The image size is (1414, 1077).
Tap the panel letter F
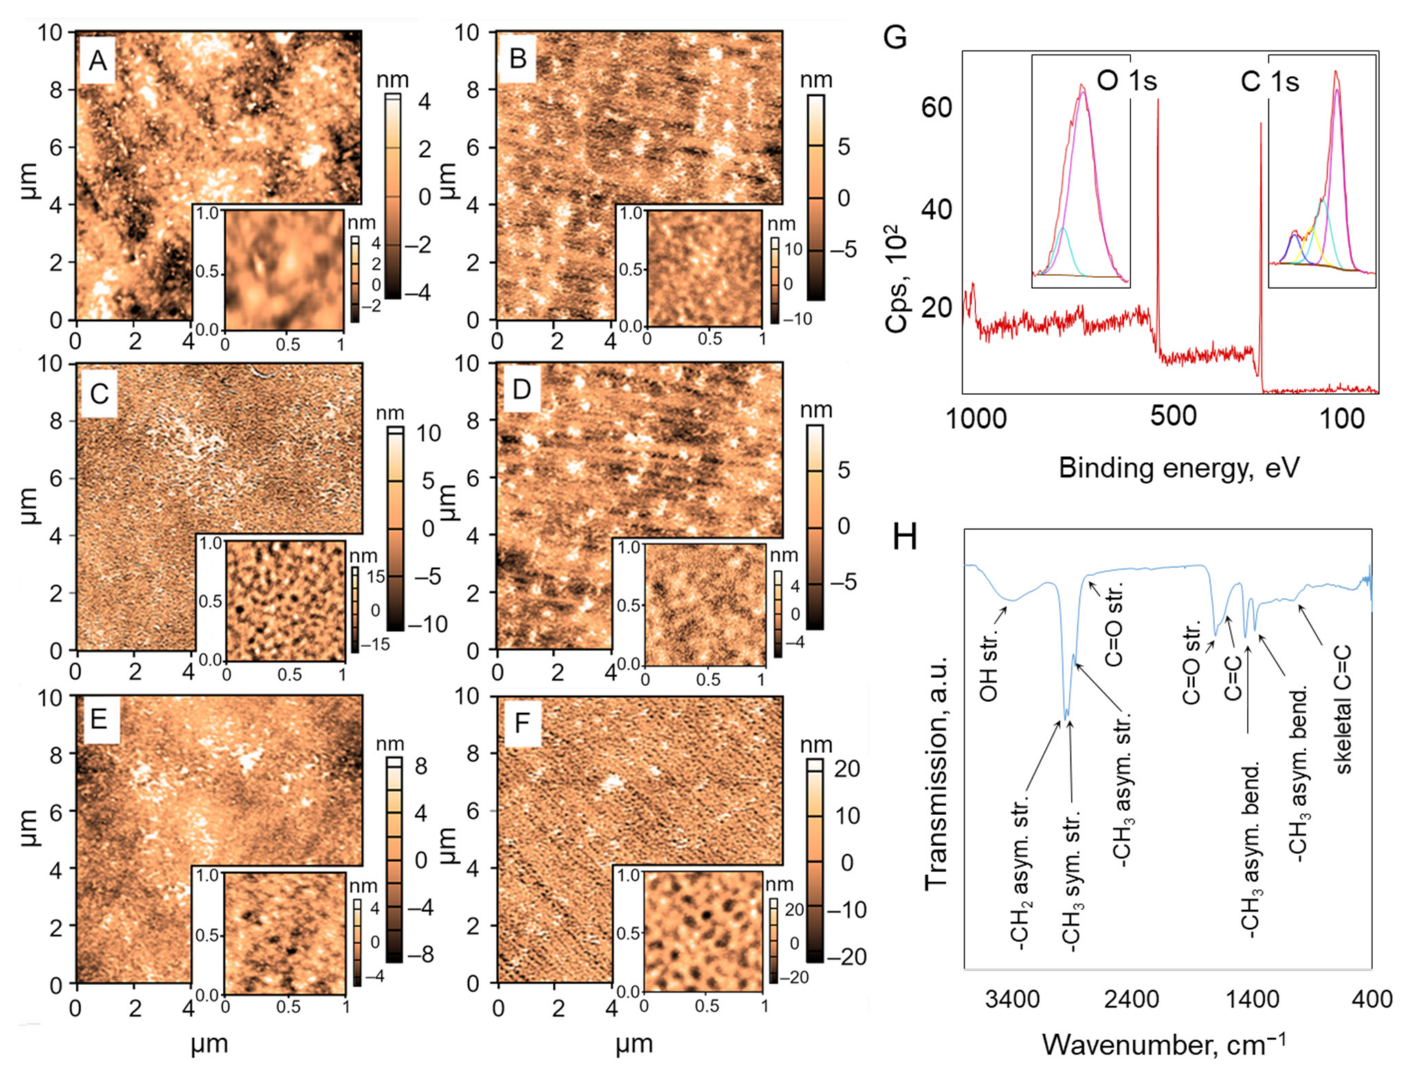tap(522, 723)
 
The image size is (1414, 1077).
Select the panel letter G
tap(895, 37)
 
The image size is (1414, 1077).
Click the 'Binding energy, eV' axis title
tap(1179, 468)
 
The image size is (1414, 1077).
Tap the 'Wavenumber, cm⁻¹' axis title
tap(1164, 1044)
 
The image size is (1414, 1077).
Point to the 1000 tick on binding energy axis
tap(976, 418)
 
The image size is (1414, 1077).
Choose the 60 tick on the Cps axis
tap(936, 107)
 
